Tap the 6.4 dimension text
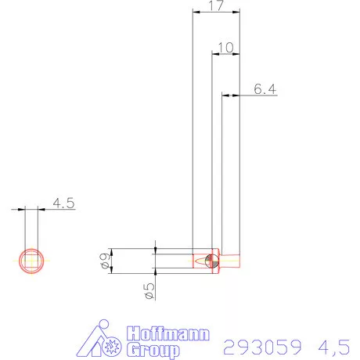tap(265, 89)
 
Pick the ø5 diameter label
tap(148, 291)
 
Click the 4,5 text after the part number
tap(335, 345)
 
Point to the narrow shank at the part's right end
tap(232, 260)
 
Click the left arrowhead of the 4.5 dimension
tap(21, 208)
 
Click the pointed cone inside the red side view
tap(200, 260)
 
